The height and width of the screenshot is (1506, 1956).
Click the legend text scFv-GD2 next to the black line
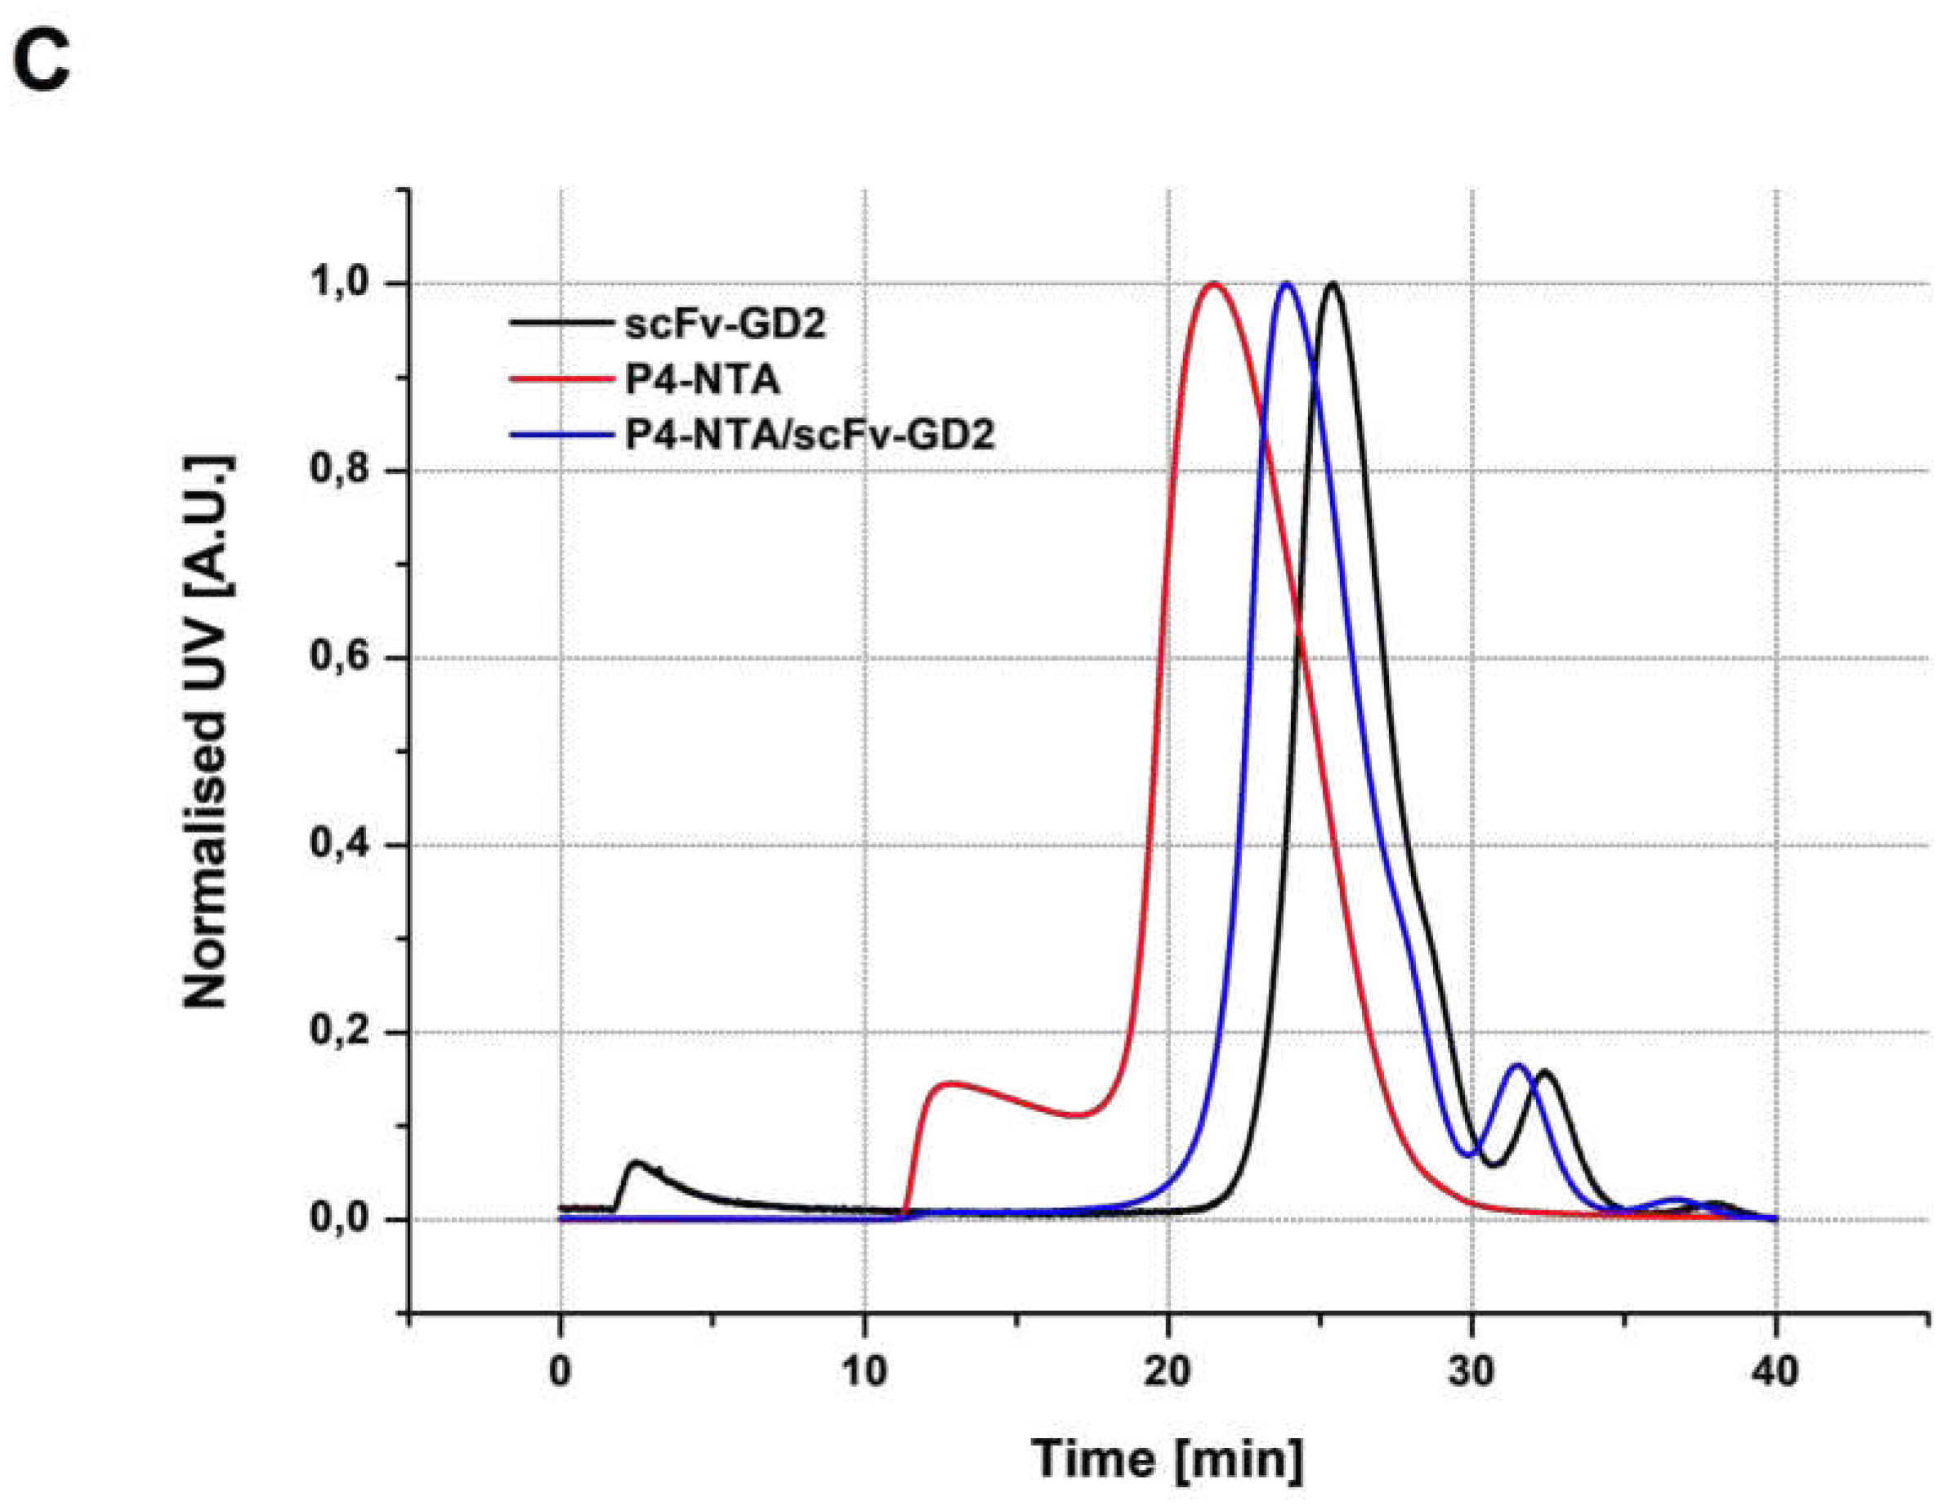click(x=724, y=324)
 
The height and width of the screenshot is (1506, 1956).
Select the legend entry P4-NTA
click(x=701, y=379)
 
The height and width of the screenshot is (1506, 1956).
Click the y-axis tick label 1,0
click(x=338, y=284)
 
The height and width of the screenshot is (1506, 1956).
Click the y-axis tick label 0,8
click(x=338, y=471)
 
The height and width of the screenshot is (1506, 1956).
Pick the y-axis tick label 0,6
click(x=338, y=658)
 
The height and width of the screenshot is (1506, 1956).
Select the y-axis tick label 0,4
click(x=338, y=845)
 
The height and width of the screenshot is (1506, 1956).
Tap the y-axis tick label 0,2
click(x=338, y=1032)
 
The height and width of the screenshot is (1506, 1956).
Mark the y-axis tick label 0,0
click(x=338, y=1219)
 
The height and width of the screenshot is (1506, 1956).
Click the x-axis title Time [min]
click(x=1167, y=1459)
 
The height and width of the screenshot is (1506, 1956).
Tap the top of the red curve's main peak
click(x=1213, y=284)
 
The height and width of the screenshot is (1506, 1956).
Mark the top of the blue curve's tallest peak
click(x=1287, y=284)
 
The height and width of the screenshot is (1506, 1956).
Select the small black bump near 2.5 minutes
click(x=636, y=1164)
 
